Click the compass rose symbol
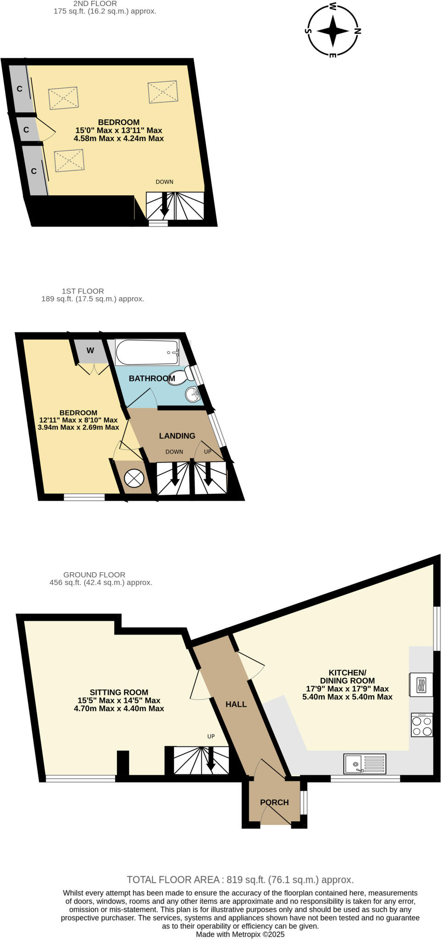tap(333, 31)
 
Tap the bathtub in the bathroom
tap(147, 352)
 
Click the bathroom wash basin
tap(193, 394)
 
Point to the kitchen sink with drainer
tap(365, 764)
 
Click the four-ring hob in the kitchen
tap(422, 725)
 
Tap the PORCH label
tap(274, 802)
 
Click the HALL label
tap(236, 704)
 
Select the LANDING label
tap(177, 436)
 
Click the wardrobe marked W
tap(90, 351)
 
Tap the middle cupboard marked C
tap(26, 130)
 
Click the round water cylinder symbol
tap(134, 478)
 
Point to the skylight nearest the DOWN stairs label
tap(163, 92)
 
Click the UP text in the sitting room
tap(211, 737)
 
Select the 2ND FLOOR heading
tap(95, 4)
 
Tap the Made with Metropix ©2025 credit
tap(240, 934)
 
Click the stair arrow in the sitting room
tap(211, 760)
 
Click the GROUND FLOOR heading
tap(94, 574)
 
